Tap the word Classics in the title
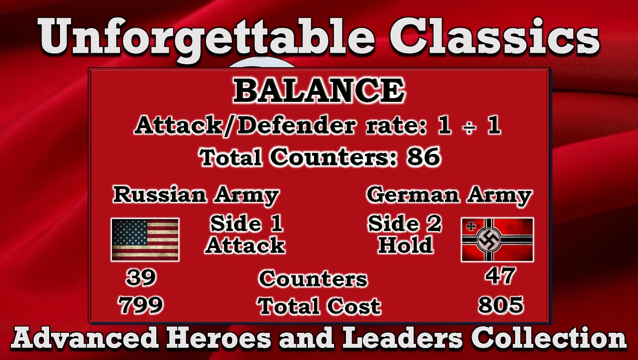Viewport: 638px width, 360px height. click(494, 36)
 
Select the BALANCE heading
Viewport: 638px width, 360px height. click(319, 90)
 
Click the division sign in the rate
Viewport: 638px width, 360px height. click(469, 126)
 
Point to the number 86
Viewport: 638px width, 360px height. click(424, 157)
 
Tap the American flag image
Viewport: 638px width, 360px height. click(145, 240)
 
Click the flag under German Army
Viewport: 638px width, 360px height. click(497, 240)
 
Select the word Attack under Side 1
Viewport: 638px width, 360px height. click(245, 245)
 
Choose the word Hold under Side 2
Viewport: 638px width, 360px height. click(405, 245)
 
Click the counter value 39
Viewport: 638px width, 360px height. click(141, 277)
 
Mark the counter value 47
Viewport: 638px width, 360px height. click(500, 276)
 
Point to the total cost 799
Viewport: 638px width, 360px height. click(141, 305)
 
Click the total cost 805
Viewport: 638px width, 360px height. click(501, 305)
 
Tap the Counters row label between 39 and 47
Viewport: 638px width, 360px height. click(314, 279)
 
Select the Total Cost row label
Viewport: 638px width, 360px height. click(319, 306)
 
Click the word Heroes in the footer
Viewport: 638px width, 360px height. click(218, 338)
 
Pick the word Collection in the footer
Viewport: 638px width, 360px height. click(548, 338)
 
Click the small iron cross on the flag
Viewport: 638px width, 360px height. click(471, 227)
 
